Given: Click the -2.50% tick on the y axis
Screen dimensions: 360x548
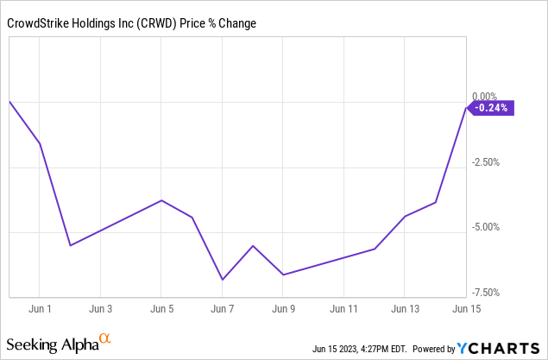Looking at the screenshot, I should (x=487, y=162).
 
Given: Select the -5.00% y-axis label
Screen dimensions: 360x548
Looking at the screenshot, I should (x=487, y=227).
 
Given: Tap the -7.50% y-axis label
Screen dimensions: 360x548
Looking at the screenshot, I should (x=487, y=293).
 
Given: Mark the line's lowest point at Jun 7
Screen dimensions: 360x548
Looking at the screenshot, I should (x=222, y=280).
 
